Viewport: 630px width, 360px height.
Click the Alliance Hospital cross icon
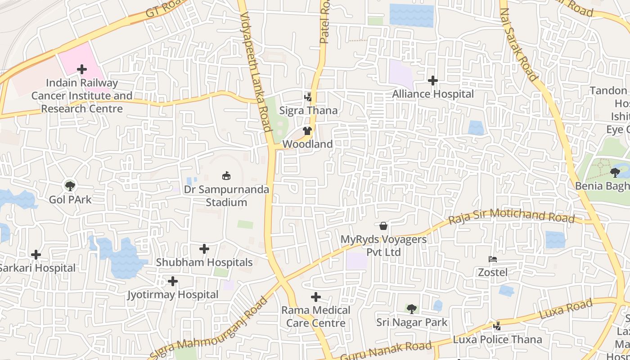(433, 81)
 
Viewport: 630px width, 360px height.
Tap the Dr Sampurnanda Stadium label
(226, 196)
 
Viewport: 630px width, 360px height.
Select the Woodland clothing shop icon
(307, 131)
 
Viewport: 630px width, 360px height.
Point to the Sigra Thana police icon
(308, 97)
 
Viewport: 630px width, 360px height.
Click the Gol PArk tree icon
(70, 185)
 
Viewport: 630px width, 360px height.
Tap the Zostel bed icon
(493, 259)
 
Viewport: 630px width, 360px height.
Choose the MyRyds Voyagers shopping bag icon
(383, 226)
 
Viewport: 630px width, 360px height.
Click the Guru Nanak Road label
(386, 352)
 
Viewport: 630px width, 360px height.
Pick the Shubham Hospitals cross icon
(204, 249)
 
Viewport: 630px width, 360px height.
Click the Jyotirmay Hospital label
(173, 295)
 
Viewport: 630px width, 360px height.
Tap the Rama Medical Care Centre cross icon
(316, 297)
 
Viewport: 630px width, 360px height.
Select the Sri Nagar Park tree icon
(411, 309)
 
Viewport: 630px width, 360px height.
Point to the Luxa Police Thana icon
(497, 326)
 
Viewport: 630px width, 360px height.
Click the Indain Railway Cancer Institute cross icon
(82, 69)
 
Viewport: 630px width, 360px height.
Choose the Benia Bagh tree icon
(615, 172)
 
